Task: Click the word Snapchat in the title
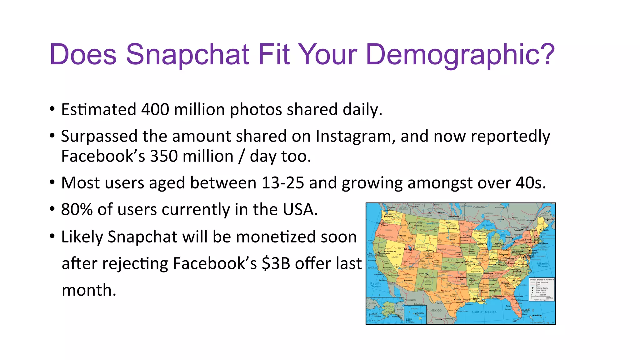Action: click(x=187, y=55)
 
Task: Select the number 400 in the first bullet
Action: click(x=155, y=110)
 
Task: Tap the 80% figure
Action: click(x=77, y=209)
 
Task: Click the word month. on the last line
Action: click(x=89, y=290)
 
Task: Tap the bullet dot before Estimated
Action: click(x=52, y=110)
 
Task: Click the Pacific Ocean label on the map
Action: click(x=375, y=285)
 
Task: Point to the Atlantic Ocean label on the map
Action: click(x=542, y=265)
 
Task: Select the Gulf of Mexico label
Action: click(x=484, y=312)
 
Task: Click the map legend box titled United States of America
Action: click(x=542, y=289)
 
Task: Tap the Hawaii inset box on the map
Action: click(x=415, y=314)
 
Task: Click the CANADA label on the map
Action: click(x=479, y=207)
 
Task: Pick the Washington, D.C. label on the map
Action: click(x=513, y=258)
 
